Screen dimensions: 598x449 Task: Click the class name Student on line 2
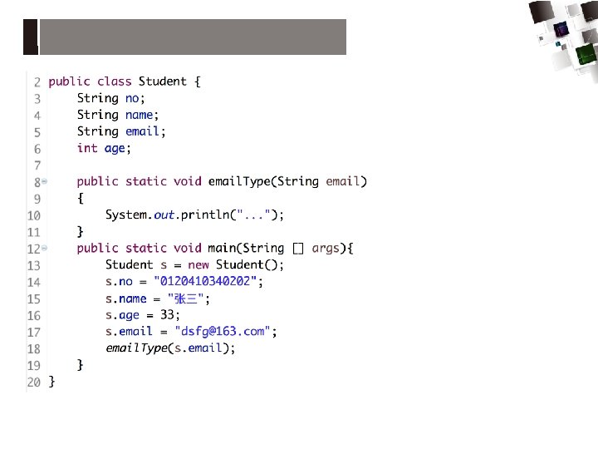point(162,81)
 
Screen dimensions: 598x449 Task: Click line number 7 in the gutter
point(37,165)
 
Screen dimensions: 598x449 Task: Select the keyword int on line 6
point(87,148)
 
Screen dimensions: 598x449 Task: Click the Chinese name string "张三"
point(189,299)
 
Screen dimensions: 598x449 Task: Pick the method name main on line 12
point(221,249)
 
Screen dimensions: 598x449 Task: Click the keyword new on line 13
point(199,265)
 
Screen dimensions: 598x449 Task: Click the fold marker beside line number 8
point(44,181)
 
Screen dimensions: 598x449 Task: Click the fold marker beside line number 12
point(44,249)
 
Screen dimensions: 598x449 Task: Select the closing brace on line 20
point(51,382)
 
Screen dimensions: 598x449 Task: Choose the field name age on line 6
point(115,148)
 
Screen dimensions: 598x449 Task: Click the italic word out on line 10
point(164,215)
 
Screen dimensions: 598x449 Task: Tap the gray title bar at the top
point(192,37)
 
